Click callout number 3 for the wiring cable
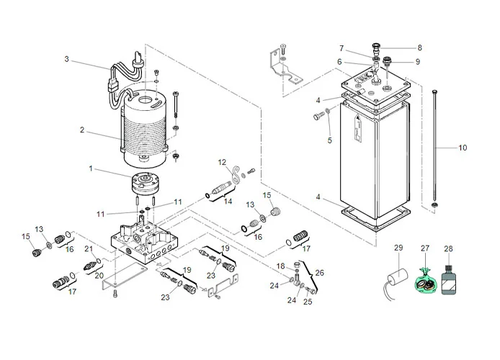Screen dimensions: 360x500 pyautogui.click(x=66, y=60)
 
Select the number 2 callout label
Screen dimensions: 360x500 pyautogui.click(x=82, y=130)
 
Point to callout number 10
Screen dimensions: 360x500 pyautogui.click(x=463, y=148)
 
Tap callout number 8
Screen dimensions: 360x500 pyautogui.click(x=419, y=48)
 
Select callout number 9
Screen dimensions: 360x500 pyautogui.click(x=417, y=61)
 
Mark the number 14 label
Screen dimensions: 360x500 pyautogui.click(x=228, y=202)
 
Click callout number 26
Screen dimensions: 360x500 pyautogui.click(x=320, y=272)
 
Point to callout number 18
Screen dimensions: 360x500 pyautogui.click(x=280, y=266)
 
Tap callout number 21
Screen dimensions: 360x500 pyautogui.click(x=89, y=249)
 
